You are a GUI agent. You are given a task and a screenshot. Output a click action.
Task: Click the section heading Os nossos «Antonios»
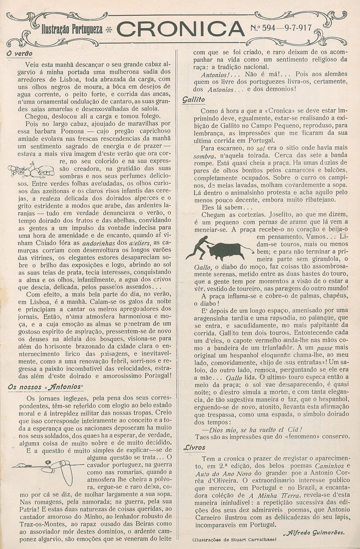coord(46,387)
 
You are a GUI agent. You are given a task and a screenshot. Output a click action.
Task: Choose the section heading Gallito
coord(193,99)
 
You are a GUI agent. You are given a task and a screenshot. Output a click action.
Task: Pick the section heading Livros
coord(194,447)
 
